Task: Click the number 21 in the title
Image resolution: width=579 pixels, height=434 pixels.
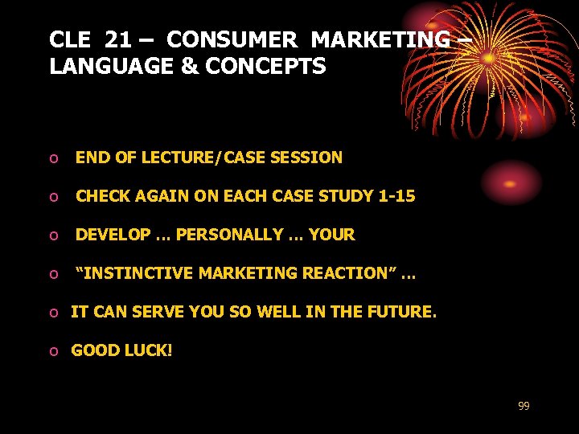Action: (118, 39)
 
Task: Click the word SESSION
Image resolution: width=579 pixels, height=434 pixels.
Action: (310, 158)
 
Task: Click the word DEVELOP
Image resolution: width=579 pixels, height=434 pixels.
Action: (113, 235)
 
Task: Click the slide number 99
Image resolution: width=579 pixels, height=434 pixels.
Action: (524, 407)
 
